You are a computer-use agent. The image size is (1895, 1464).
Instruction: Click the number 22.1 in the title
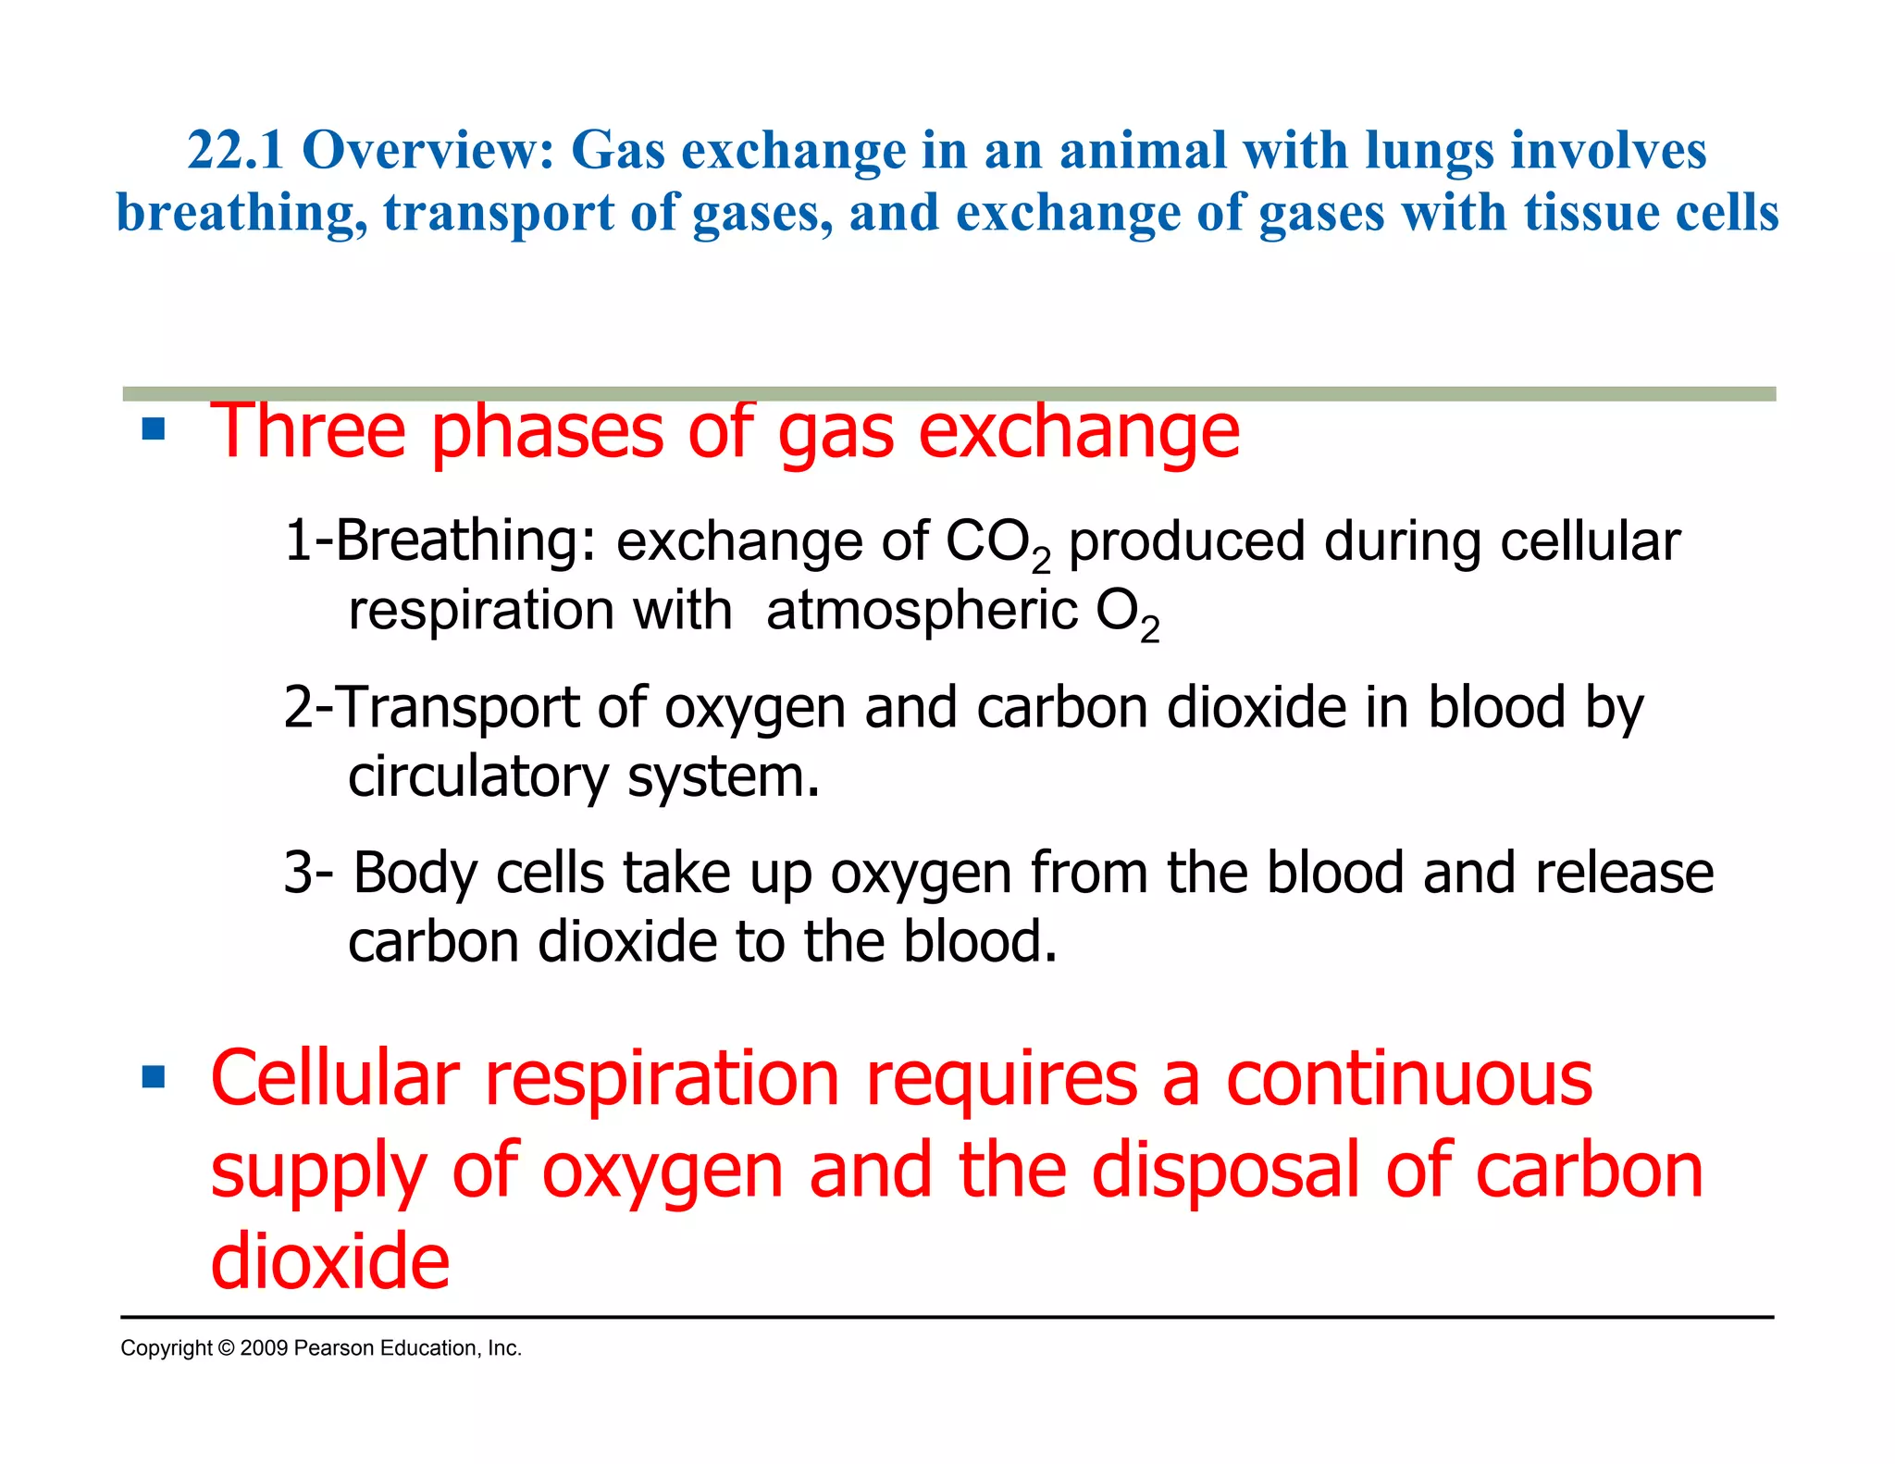(235, 151)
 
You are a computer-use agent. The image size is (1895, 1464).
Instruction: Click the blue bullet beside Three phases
(154, 429)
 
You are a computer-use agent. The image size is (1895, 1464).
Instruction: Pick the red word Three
(308, 431)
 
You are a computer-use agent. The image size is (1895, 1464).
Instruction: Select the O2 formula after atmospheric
(1126, 614)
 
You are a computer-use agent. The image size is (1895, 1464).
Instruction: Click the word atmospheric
(922, 612)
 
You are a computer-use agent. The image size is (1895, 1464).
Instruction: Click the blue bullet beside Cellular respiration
(154, 1077)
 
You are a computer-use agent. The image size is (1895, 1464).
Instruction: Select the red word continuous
(1408, 1079)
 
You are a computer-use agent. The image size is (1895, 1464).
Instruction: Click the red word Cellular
(335, 1079)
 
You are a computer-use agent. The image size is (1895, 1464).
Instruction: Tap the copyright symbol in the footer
(227, 1348)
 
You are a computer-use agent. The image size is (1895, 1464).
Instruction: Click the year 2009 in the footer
(264, 1348)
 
